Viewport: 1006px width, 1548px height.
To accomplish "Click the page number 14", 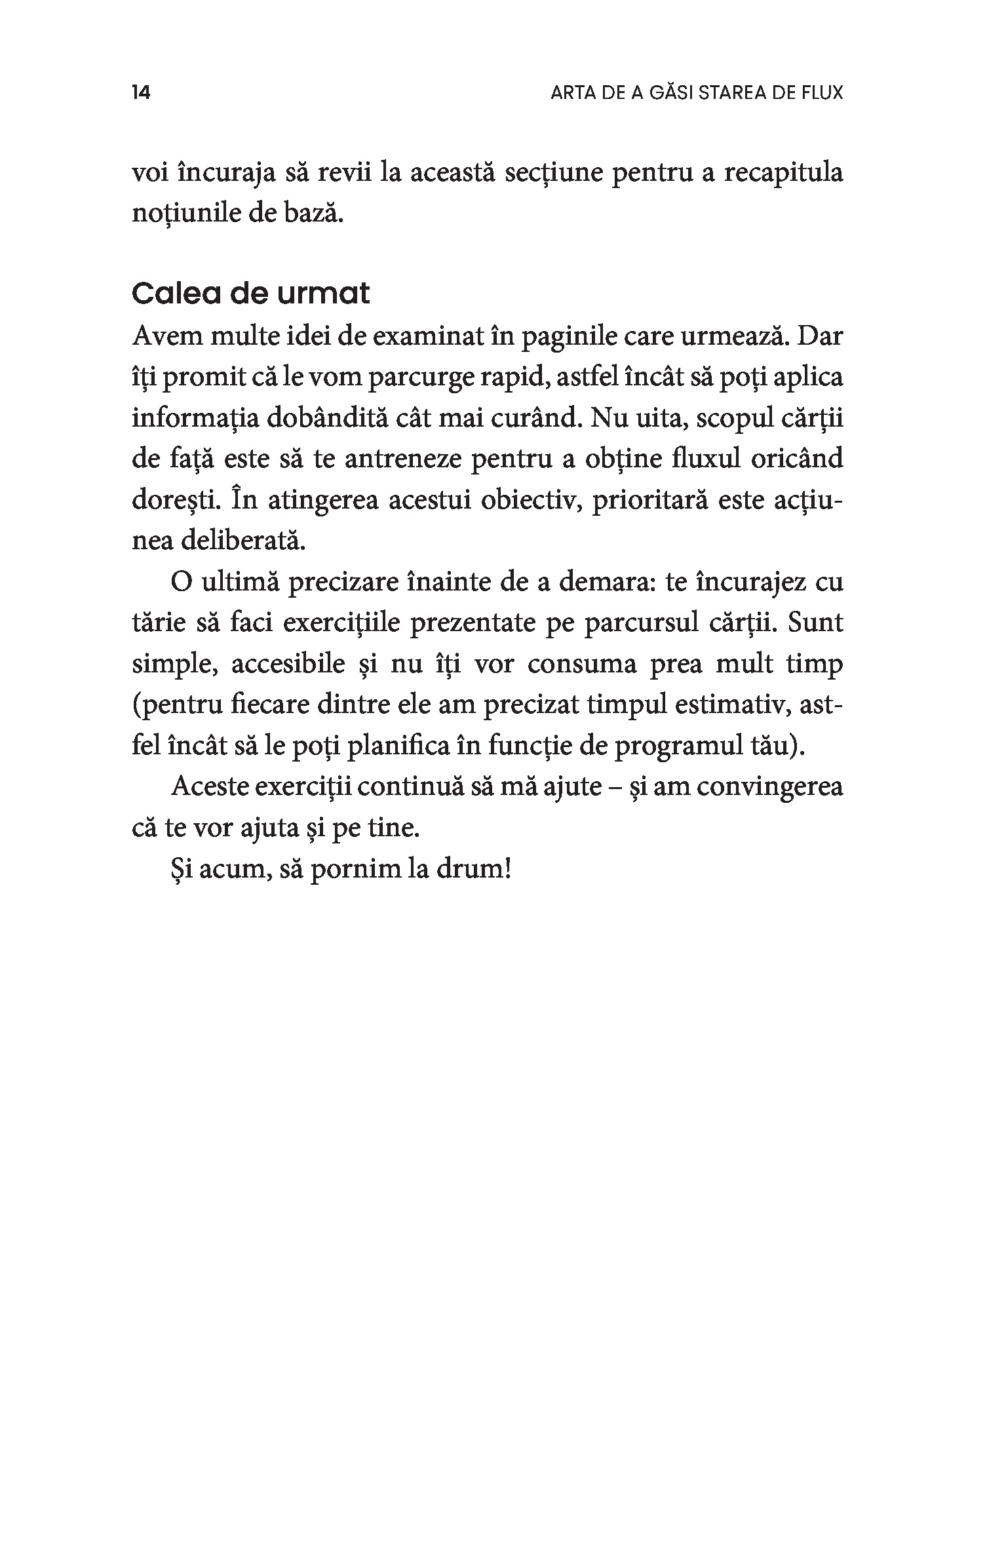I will click(141, 93).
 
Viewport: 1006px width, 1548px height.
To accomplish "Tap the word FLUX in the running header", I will click(822, 93).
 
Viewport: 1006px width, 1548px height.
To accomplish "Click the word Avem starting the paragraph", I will click(164, 338).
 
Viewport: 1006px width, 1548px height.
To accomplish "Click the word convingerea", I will click(770, 787).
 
